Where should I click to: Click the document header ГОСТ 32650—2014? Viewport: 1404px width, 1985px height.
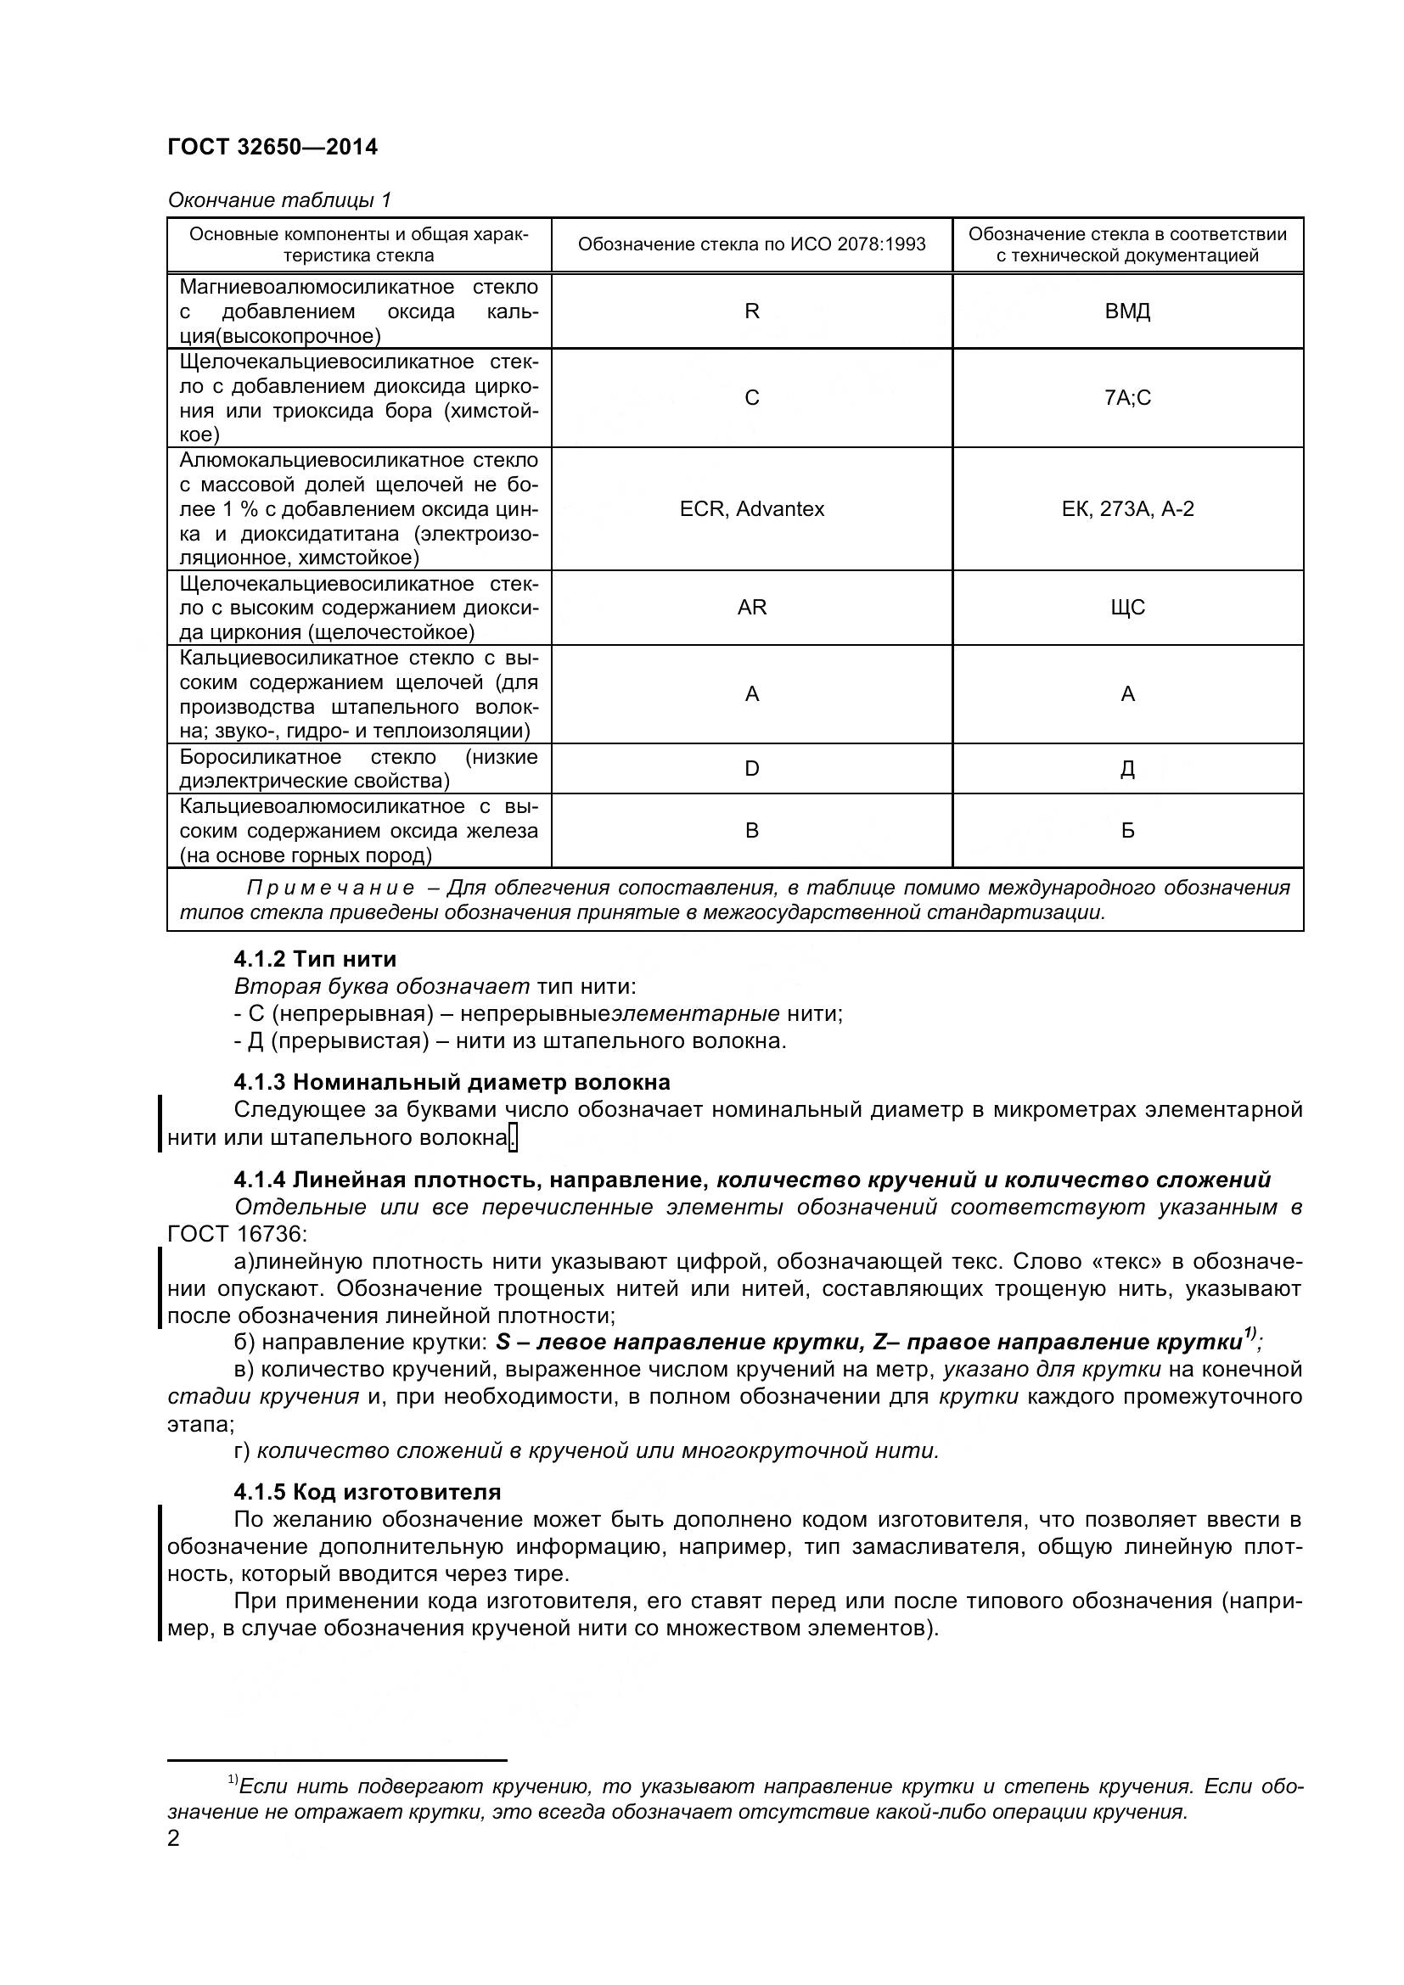pos(272,147)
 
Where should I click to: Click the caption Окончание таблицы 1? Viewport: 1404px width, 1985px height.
pos(279,200)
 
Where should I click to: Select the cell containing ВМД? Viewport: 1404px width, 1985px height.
pos(1127,311)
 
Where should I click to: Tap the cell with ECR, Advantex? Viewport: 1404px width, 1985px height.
pos(751,509)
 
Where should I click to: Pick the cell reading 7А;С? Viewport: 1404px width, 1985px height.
pos(1127,398)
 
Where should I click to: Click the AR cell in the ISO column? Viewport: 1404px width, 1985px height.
pos(751,608)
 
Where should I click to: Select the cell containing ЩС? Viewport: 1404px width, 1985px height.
pos(1127,608)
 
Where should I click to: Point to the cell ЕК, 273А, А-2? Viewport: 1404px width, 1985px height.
pos(1127,509)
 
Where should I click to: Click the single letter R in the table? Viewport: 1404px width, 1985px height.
pos(751,311)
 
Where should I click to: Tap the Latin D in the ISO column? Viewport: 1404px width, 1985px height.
pos(751,769)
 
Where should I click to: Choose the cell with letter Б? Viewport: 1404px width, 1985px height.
pos(1127,831)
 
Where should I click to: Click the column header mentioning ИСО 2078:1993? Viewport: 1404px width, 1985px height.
pos(751,244)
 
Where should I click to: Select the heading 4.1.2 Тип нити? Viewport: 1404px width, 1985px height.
pos(315,959)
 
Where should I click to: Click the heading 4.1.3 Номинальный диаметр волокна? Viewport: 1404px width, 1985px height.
pos(452,1082)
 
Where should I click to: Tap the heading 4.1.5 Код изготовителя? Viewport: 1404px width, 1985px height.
pos(367,1492)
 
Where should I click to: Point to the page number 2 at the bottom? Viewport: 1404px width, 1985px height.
pos(174,1838)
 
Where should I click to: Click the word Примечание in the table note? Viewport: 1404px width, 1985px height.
pos(329,888)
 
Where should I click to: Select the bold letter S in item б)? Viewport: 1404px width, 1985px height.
pos(503,1343)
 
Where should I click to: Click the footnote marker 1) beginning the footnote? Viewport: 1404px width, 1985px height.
pos(233,1779)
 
